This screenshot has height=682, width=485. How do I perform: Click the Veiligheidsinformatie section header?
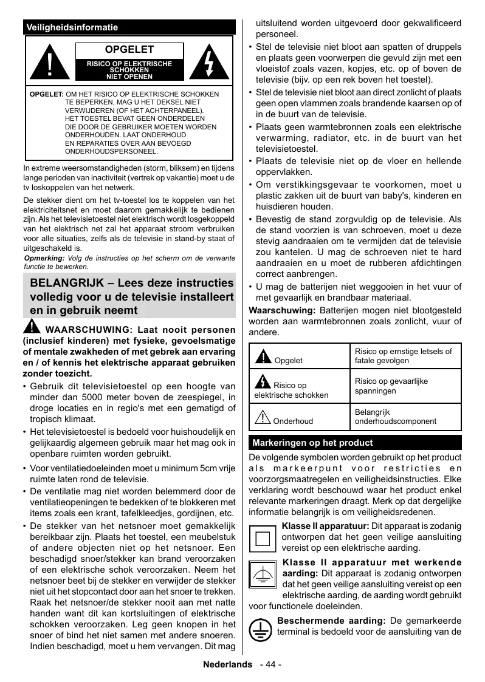click(x=72, y=27)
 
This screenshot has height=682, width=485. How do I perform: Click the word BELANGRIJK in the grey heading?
click(x=66, y=284)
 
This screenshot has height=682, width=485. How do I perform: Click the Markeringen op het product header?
click(x=312, y=443)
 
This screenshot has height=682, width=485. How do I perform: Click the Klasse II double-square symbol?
click(x=263, y=538)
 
